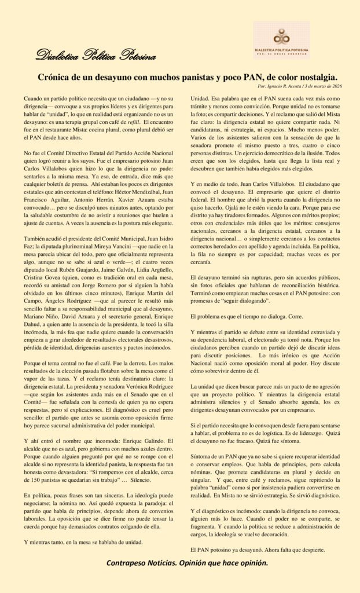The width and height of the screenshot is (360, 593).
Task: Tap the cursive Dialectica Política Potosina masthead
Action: point(95,56)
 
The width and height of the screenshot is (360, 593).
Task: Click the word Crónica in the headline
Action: point(56,76)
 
